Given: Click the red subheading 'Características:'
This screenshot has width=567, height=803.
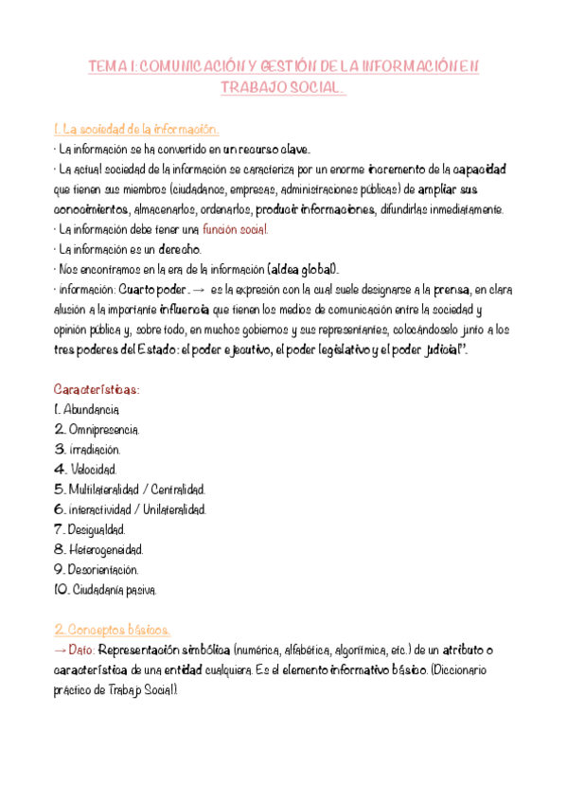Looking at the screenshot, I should click(x=97, y=389).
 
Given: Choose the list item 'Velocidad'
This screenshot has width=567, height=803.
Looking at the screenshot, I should click(x=93, y=469).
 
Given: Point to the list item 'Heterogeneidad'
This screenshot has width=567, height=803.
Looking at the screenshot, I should click(x=105, y=549).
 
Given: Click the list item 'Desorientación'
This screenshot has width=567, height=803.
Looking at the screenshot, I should click(x=104, y=569).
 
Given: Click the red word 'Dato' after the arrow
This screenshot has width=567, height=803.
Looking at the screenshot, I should click(x=81, y=651).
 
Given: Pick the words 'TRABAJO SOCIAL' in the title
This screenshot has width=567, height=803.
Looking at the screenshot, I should click(x=280, y=87).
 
